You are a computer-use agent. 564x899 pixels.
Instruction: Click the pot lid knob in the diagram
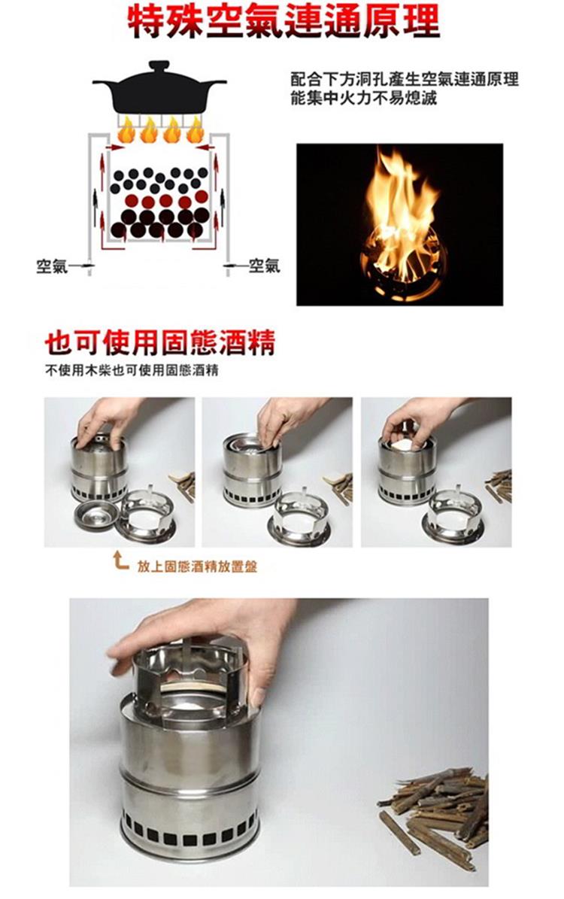159,64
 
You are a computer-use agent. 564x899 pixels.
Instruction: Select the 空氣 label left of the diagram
52,266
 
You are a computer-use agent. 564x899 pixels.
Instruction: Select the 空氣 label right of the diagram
265,266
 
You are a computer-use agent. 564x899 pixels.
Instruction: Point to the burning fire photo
399,224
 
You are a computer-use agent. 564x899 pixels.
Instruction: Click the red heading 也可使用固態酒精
160,342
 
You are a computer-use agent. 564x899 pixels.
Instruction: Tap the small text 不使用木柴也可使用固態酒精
132,370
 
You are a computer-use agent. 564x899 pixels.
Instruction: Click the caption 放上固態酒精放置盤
197,567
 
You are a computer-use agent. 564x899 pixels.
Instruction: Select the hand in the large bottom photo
212,636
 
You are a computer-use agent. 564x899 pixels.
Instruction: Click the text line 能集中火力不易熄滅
364,98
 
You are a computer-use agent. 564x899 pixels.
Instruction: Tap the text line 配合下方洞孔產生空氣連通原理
405,79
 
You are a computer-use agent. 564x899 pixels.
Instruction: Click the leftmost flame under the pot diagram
126,131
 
